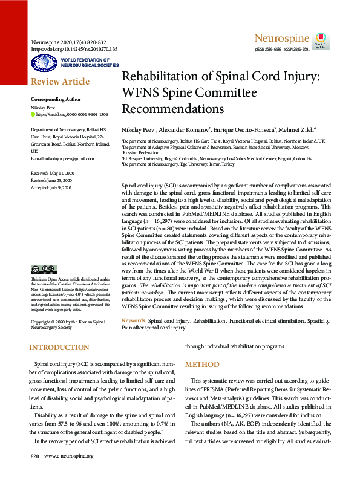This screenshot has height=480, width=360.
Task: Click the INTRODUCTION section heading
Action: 59,348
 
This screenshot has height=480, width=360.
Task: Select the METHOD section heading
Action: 202,365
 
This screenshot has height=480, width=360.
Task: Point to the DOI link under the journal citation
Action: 74,48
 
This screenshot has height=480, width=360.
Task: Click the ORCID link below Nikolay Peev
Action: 73,114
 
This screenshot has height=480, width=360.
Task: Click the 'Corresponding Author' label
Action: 56,99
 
